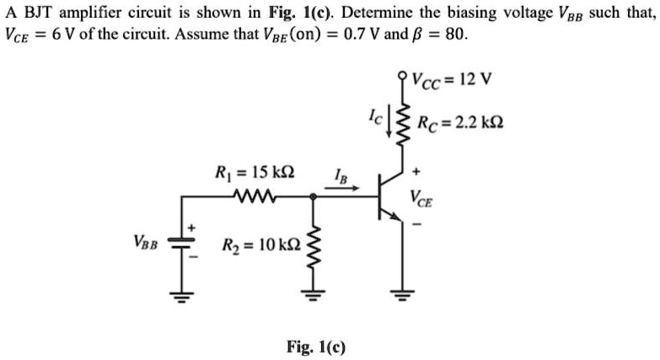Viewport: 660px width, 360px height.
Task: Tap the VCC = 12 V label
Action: [x=453, y=82]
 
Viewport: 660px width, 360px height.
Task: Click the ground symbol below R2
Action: [x=314, y=295]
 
